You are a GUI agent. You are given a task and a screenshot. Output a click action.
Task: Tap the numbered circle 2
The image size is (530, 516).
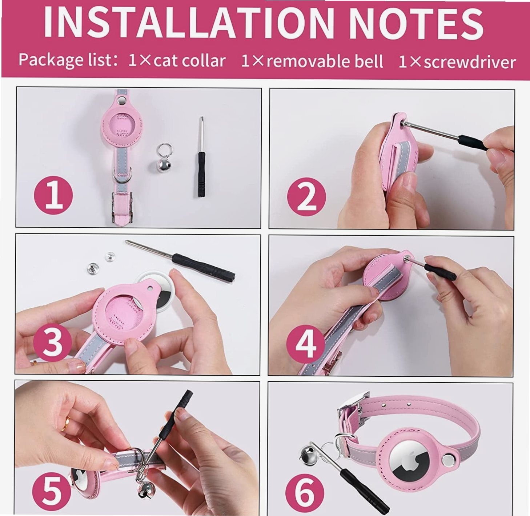pyautogui.click(x=307, y=197)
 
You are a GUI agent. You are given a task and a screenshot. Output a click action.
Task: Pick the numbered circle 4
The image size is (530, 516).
pyautogui.click(x=306, y=344)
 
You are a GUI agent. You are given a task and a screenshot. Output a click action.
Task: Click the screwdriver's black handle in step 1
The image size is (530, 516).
pyautogui.click(x=201, y=174)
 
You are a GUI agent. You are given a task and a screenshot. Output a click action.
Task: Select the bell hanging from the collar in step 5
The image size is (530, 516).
pyautogui.click(x=145, y=491)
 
